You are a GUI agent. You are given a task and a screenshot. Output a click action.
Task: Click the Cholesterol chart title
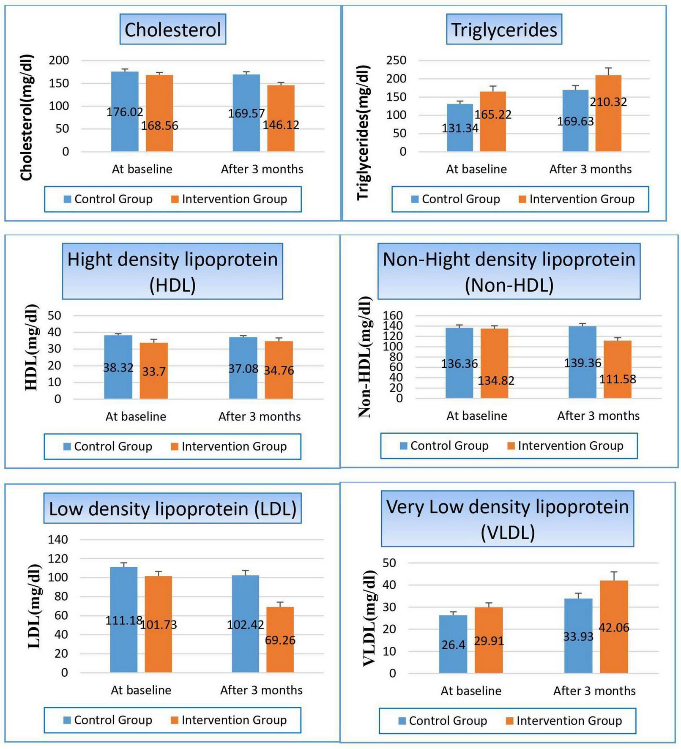click(172, 30)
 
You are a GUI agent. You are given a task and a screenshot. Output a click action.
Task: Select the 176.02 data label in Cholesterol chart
click(125, 112)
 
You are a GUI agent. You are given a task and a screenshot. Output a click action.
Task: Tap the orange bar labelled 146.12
click(281, 106)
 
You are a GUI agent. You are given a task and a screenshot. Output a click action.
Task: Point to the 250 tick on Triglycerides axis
click(396, 60)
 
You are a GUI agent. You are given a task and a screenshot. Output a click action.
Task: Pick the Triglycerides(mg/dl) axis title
click(363, 132)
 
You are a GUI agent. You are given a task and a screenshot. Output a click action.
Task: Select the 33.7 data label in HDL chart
click(154, 372)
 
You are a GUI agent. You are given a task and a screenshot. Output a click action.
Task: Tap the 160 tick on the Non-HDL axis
click(393, 315)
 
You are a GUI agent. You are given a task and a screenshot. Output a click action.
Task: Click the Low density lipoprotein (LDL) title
click(172, 508)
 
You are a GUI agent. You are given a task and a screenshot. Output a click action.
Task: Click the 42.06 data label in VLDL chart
click(614, 628)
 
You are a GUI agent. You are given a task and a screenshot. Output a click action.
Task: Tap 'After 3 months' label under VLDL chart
click(594, 691)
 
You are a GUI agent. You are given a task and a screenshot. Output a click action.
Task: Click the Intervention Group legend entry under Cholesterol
click(234, 199)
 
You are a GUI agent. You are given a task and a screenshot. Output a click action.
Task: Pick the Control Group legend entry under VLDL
click(448, 721)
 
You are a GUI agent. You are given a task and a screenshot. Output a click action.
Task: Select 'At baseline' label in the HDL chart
click(136, 416)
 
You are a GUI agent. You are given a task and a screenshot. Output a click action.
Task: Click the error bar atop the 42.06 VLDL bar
click(614, 575)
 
